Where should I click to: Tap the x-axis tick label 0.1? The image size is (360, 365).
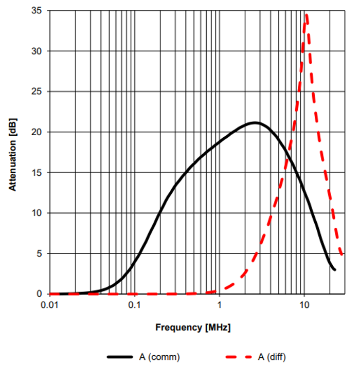click(x=134, y=304)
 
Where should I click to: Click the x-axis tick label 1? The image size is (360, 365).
click(x=220, y=304)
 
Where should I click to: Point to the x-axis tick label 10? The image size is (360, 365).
click(x=304, y=304)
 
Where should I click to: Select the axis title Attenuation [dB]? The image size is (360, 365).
click(x=12, y=152)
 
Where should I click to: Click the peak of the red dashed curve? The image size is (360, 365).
click(x=307, y=15)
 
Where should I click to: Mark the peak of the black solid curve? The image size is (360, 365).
click(x=254, y=122)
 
